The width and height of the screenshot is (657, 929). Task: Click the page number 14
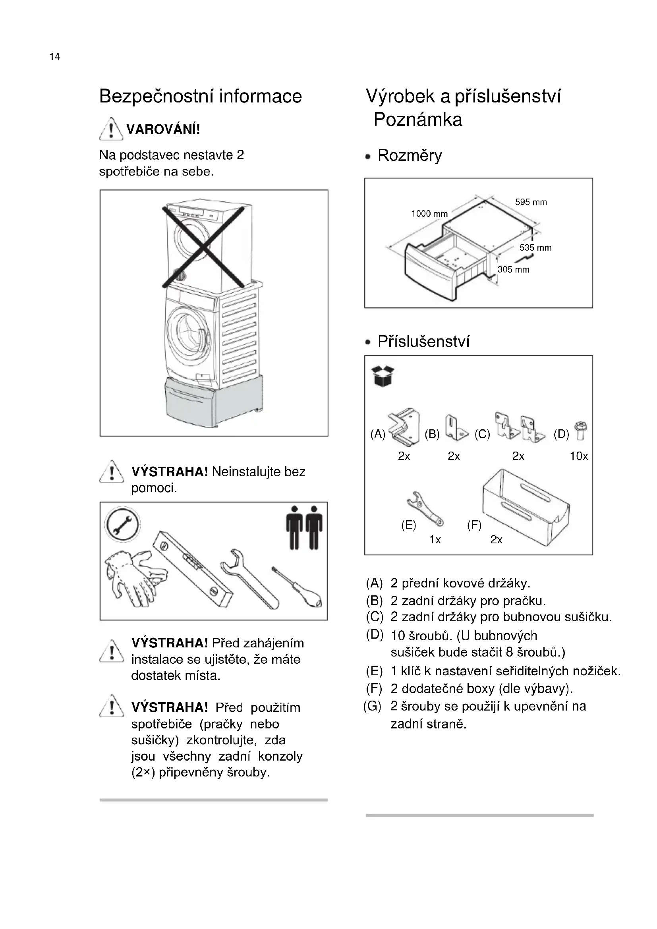[x=54, y=57]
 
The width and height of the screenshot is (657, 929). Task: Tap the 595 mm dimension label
[x=530, y=202]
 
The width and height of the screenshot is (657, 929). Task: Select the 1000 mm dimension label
[x=429, y=214]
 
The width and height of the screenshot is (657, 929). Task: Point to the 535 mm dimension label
[x=535, y=247]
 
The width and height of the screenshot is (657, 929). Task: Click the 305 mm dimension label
[x=513, y=269]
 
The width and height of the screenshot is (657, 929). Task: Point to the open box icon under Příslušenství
[x=382, y=376]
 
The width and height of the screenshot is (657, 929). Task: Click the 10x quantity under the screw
[x=578, y=456]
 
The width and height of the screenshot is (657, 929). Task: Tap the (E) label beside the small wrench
[x=409, y=525]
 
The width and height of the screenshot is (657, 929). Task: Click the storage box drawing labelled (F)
[x=526, y=506]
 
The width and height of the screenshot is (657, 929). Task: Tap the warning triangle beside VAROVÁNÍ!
[x=111, y=129]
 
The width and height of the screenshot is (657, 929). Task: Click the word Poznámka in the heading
[x=417, y=120]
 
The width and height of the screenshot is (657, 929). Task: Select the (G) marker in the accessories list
[x=372, y=707]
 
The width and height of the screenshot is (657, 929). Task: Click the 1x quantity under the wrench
[x=435, y=540]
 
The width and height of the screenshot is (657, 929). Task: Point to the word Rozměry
[x=410, y=155]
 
